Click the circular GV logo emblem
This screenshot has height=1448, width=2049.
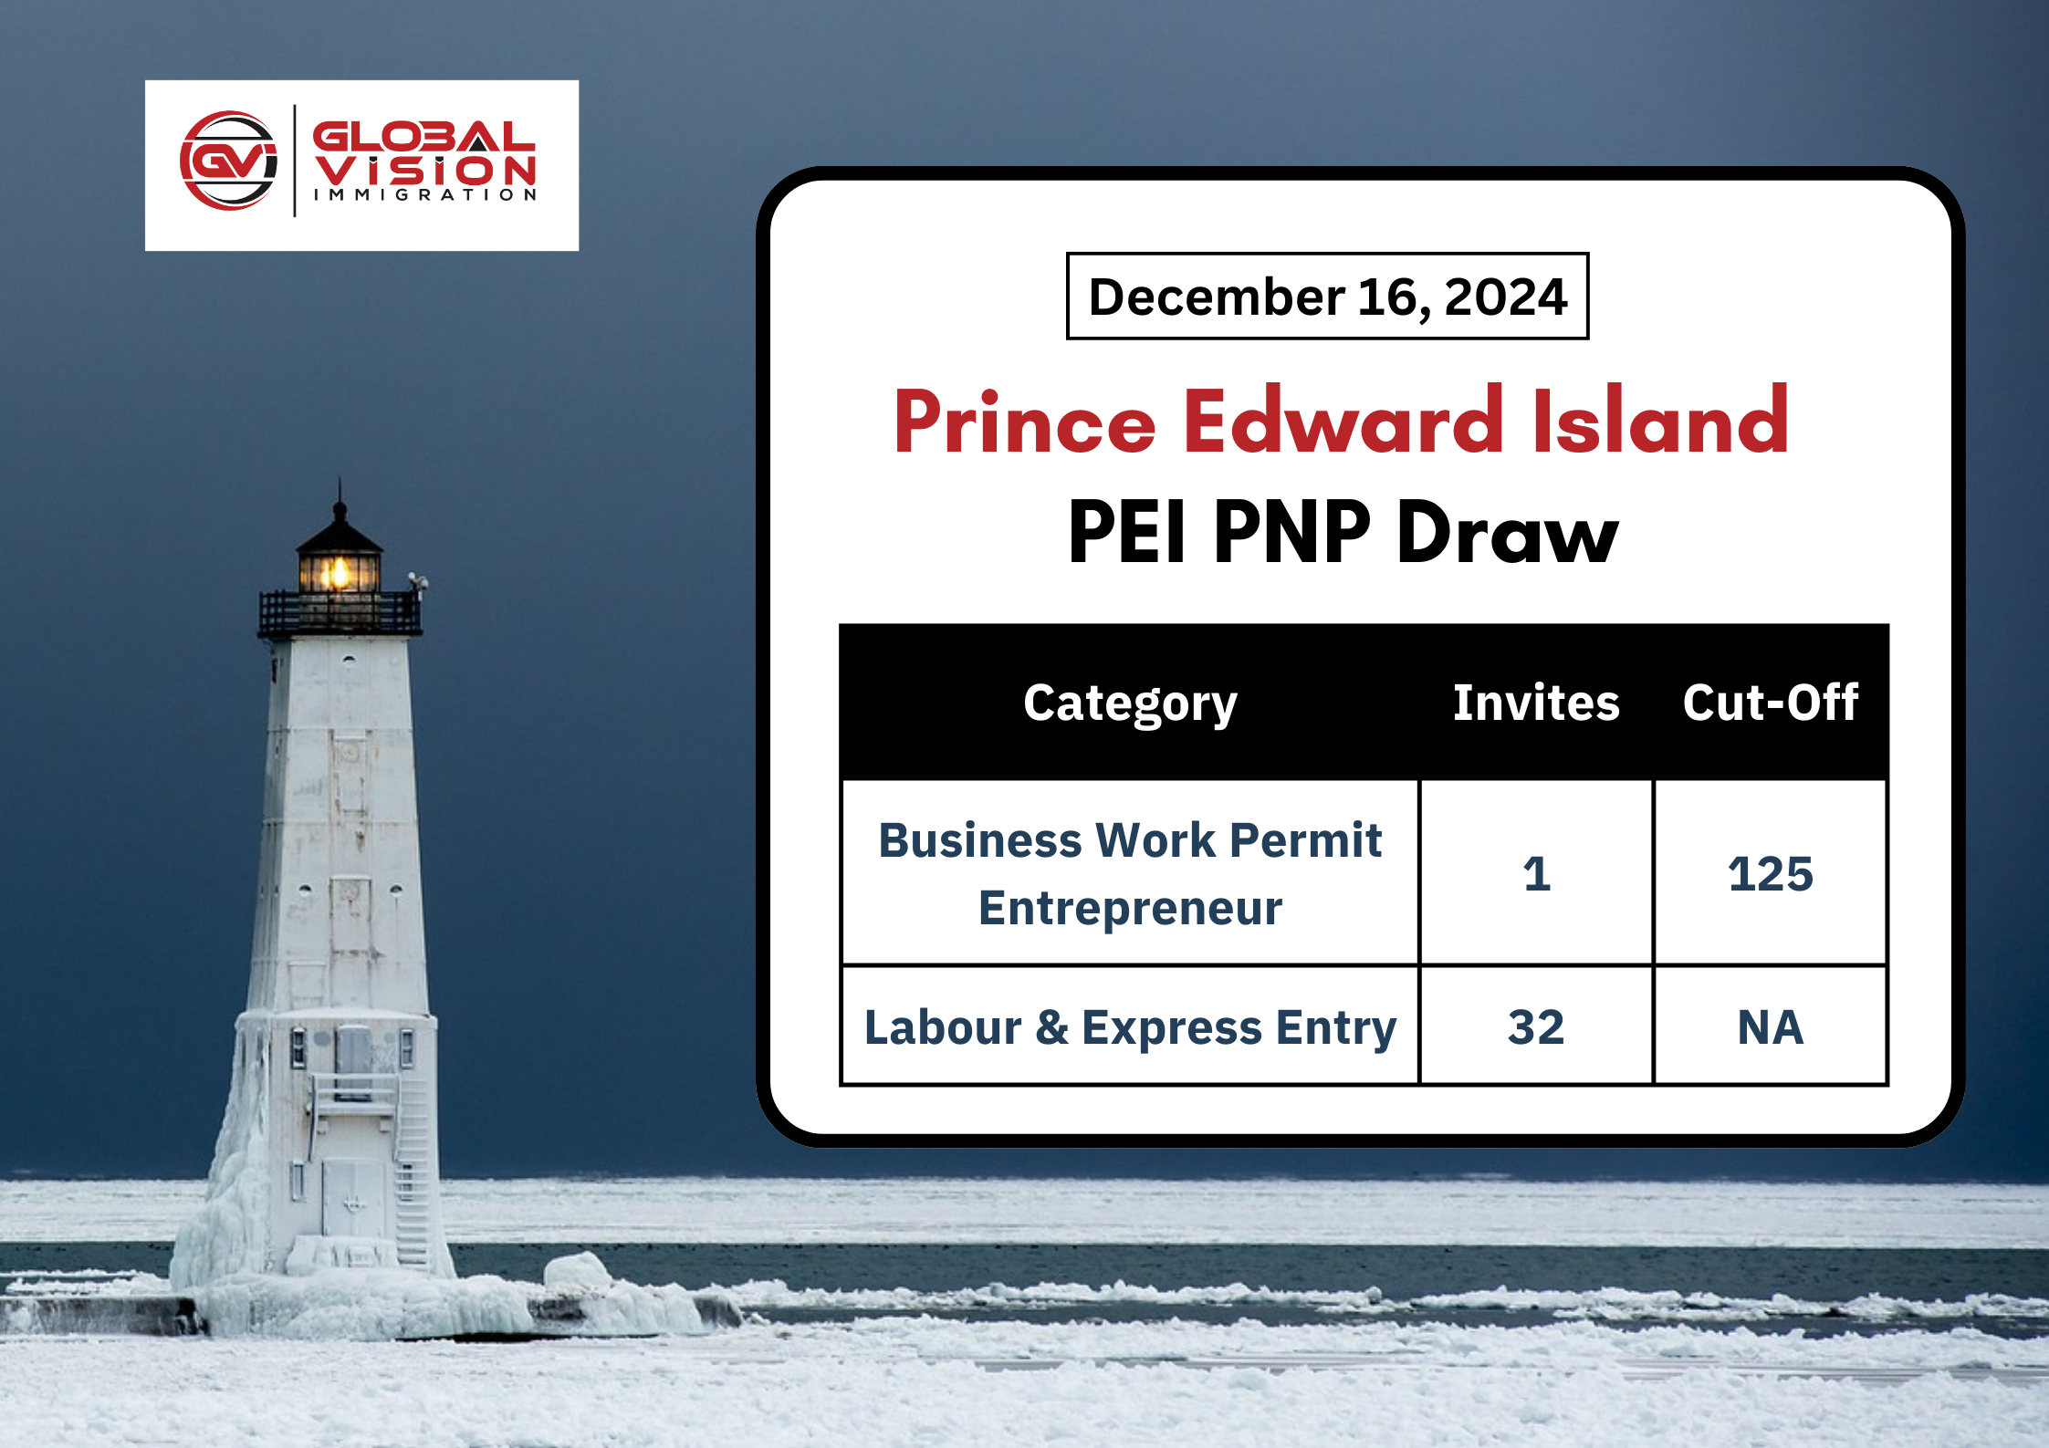coord(229,161)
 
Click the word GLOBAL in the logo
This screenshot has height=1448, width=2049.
coord(423,137)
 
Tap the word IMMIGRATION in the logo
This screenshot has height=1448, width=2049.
coord(425,194)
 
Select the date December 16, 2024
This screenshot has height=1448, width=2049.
coord(1327,297)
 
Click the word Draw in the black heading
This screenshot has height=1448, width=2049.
coord(1508,533)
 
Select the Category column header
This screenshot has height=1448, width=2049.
coord(1130,703)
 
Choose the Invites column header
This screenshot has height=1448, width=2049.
coord(1536,703)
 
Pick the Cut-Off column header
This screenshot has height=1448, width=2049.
coord(1771,703)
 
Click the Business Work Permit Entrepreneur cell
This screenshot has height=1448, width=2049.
coord(1130,873)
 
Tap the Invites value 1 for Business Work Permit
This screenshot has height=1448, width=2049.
coord(1536,873)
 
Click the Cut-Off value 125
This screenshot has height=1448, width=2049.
coord(1771,873)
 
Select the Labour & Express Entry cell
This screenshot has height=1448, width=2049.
coord(1130,1027)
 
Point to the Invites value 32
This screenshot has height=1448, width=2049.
coord(1536,1027)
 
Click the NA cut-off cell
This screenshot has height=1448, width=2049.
coord(1771,1027)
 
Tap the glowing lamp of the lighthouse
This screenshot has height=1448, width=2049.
coord(340,573)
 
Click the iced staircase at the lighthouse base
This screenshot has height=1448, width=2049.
coord(412,1177)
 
